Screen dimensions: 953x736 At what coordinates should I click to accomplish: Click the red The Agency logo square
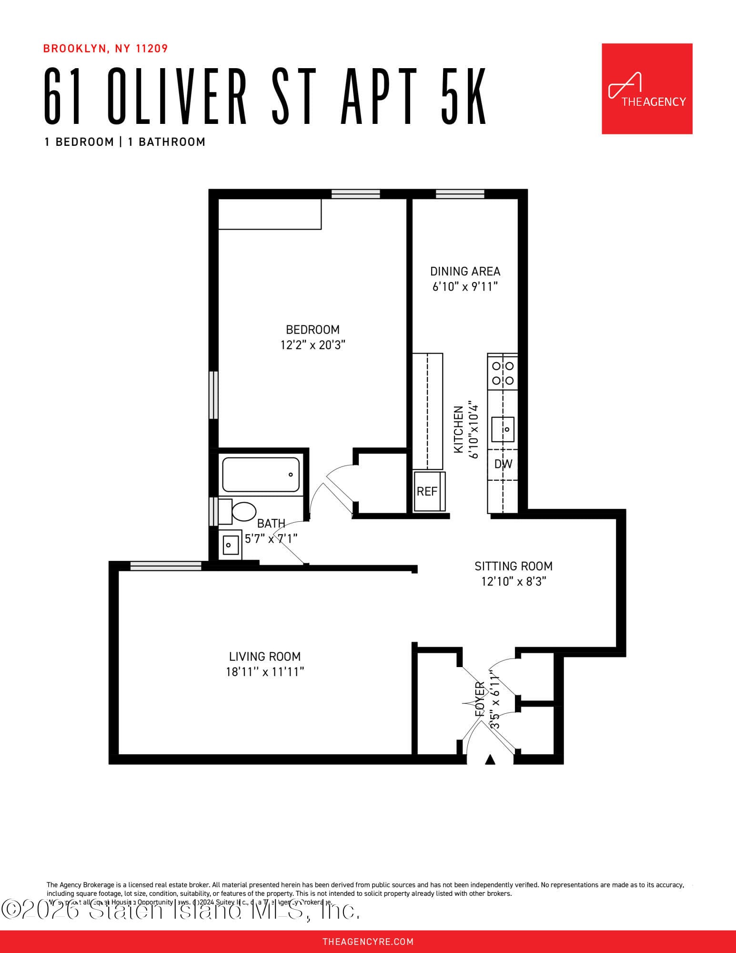(646, 89)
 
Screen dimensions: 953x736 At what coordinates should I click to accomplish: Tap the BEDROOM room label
(313, 330)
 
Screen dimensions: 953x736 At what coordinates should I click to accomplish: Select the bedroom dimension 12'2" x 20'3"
(313, 345)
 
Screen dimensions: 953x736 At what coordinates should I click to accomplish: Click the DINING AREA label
(465, 272)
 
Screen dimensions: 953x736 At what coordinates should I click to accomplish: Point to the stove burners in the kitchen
(503, 373)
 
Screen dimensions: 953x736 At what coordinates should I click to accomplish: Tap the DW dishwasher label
(503, 464)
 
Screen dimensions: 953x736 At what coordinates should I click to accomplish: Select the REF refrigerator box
(428, 491)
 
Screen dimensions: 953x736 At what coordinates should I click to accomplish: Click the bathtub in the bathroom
(261, 475)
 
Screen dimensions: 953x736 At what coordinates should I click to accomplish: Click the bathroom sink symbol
(231, 545)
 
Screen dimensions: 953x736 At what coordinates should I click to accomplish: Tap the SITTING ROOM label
(513, 567)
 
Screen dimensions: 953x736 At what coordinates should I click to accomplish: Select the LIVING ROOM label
(265, 657)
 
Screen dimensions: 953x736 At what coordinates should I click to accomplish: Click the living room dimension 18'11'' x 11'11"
(265, 672)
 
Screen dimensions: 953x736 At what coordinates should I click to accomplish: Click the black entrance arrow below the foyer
(490, 760)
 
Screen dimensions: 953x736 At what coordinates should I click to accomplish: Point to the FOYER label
(480, 700)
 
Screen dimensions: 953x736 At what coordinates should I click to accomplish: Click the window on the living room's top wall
(165, 566)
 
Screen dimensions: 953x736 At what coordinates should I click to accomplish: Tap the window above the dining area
(460, 194)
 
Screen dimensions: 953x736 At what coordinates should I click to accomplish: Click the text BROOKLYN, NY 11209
(105, 49)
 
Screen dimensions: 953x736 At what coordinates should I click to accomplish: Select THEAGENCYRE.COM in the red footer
(368, 942)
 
